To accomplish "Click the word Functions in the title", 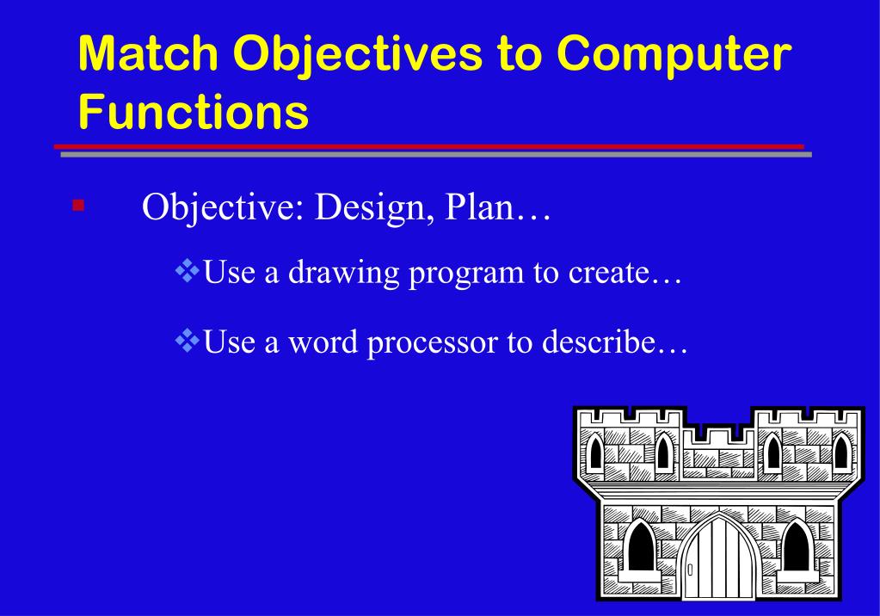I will click(x=193, y=113).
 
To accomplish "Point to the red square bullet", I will click(x=78, y=205).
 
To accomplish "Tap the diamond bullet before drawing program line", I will click(x=187, y=272).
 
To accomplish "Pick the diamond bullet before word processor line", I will click(x=187, y=342).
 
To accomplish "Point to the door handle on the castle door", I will click(x=690, y=570).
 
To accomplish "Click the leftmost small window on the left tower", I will click(x=594, y=452).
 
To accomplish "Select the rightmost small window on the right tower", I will click(x=840, y=452).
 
